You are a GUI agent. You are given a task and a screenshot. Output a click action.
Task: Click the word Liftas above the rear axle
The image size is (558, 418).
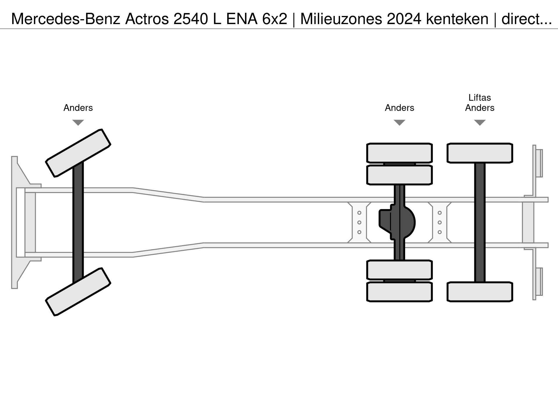point(480,98)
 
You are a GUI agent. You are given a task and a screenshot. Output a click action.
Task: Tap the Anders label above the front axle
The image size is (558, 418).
point(78,108)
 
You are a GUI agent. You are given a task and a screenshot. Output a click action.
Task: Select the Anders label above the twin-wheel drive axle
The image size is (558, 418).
point(400,108)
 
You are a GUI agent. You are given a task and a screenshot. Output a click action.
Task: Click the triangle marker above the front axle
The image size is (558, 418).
point(78,122)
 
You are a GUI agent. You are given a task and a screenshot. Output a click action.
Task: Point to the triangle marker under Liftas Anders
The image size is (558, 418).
point(480,122)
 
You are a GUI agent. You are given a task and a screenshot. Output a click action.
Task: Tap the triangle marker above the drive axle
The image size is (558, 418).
point(400,122)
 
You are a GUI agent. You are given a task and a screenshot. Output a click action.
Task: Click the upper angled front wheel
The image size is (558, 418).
point(78,153)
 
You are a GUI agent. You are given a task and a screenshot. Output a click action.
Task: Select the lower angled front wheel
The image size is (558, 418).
point(78,292)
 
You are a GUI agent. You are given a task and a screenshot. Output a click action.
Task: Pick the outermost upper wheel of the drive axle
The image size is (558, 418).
point(400,153)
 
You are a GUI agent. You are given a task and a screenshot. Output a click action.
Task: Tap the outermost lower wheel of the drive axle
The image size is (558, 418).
point(400,292)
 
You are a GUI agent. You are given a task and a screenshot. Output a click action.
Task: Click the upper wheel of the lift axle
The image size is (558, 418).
point(480,153)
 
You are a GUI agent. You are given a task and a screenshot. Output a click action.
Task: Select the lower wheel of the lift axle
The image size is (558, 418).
point(480,292)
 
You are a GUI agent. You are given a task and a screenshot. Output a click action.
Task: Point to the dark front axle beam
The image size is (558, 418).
point(78,222)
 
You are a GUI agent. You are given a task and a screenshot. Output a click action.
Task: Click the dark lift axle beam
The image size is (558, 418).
point(480,222)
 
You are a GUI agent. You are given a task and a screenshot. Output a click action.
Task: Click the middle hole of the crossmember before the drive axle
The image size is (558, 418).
point(359,222)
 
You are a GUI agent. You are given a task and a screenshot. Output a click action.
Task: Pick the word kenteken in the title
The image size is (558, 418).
point(457,19)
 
